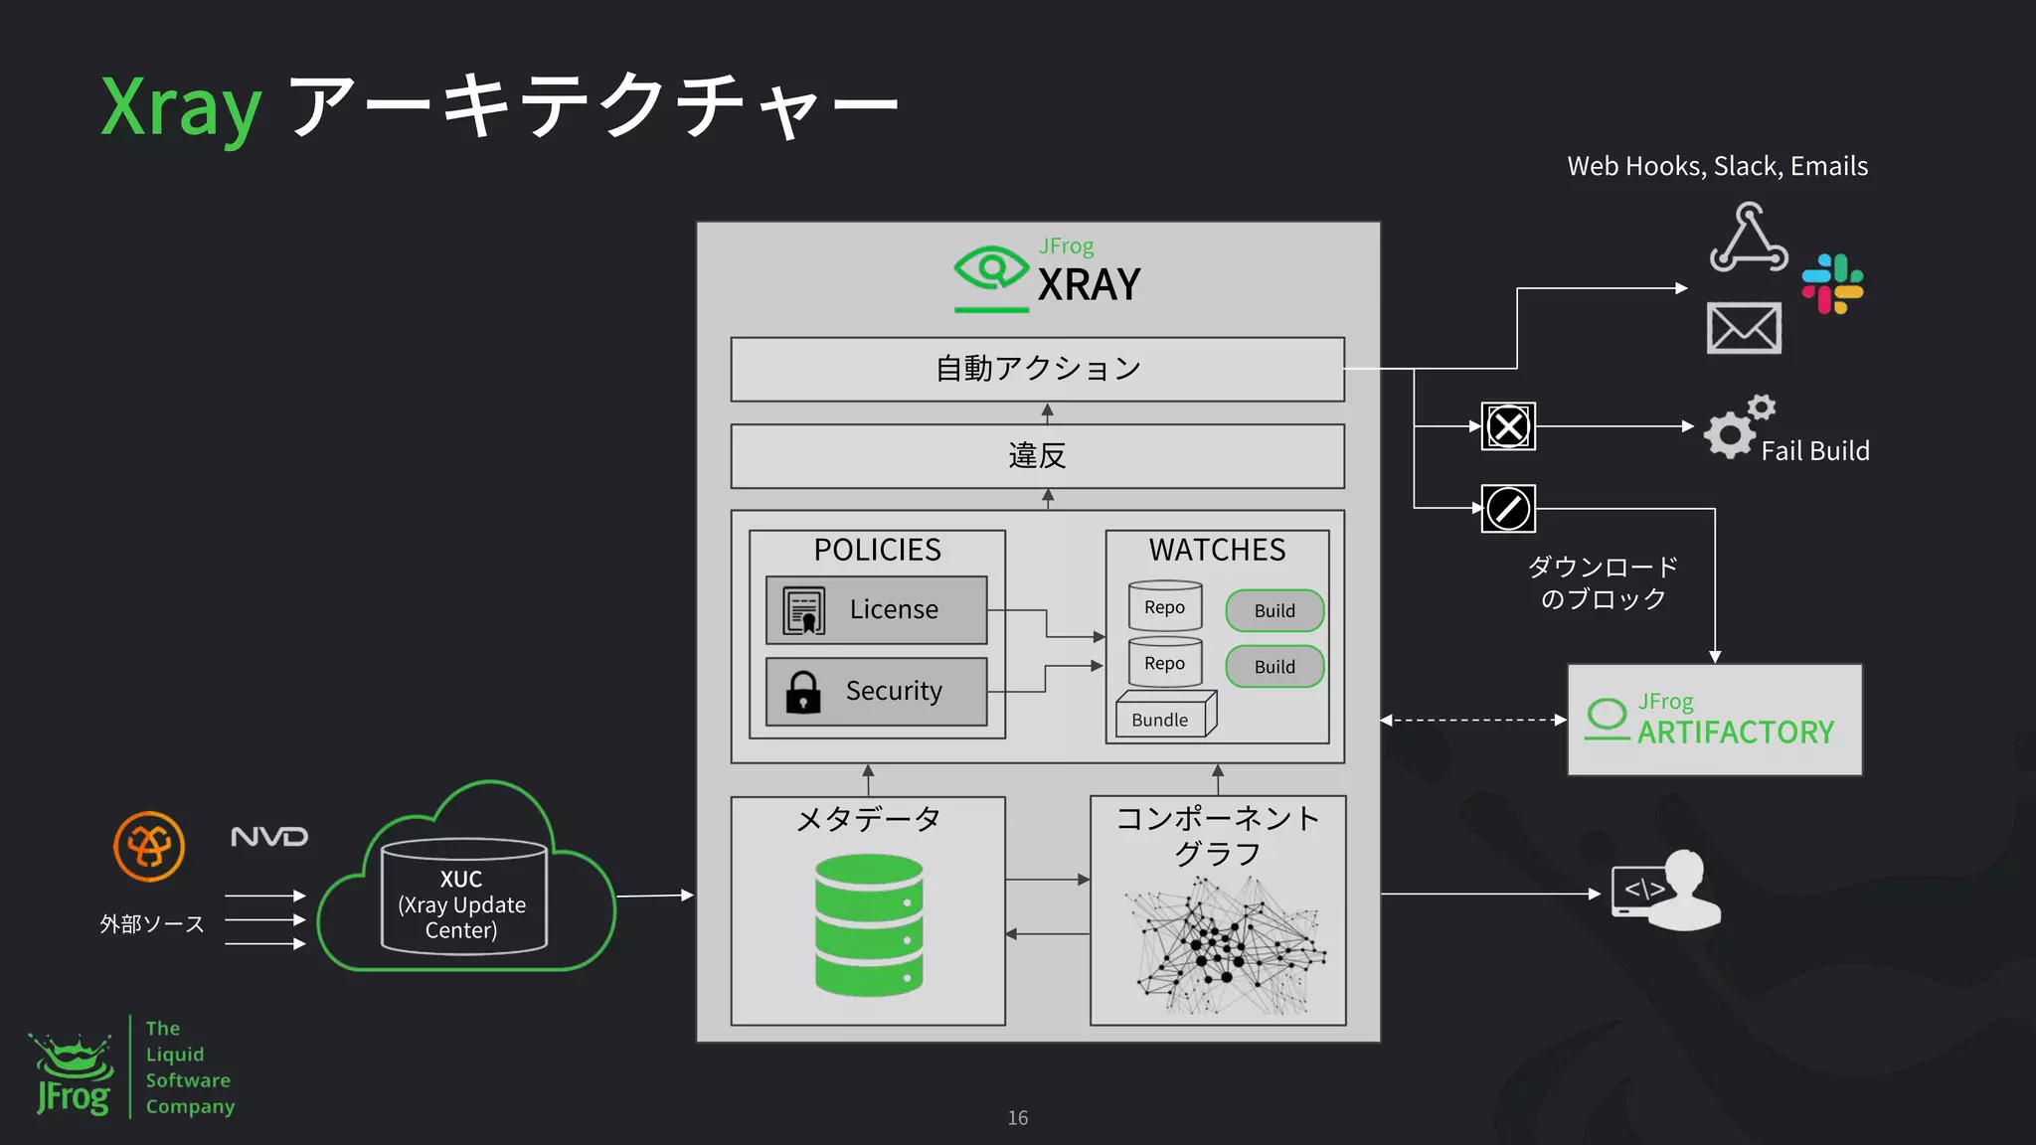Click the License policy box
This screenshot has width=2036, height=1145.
(x=876, y=609)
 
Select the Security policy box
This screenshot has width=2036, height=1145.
(x=876, y=691)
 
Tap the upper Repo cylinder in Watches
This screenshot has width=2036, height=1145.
(x=1165, y=606)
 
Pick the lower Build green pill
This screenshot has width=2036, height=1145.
(x=1274, y=666)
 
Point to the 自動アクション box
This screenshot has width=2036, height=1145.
(x=1037, y=369)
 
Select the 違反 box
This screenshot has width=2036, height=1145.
(x=1037, y=456)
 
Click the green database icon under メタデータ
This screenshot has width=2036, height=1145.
(x=869, y=925)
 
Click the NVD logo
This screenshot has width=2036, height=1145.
(x=269, y=837)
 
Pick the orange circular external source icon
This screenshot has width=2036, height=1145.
(x=149, y=847)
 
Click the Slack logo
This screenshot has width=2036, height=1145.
(x=1832, y=284)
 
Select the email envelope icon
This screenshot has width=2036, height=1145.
(x=1744, y=328)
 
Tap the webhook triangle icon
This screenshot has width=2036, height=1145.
(x=1749, y=239)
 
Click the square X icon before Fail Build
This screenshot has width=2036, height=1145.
(x=1508, y=426)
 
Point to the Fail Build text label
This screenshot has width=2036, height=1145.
(x=1814, y=451)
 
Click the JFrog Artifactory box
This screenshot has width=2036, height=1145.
(x=1714, y=720)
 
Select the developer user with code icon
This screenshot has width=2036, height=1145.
(x=1666, y=890)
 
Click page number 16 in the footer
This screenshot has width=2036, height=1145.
(x=1017, y=1118)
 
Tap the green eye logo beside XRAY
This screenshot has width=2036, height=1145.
(x=990, y=267)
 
